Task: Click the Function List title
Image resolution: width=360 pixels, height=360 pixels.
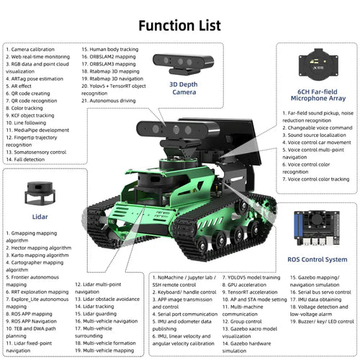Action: tap(179, 25)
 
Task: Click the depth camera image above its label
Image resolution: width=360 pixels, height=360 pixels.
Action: tap(184, 63)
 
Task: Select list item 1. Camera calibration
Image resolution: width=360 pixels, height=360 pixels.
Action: tap(32, 48)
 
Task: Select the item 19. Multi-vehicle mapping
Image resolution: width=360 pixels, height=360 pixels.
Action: tap(107, 350)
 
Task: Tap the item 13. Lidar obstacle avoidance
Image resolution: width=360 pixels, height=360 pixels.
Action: tap(107, 298)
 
